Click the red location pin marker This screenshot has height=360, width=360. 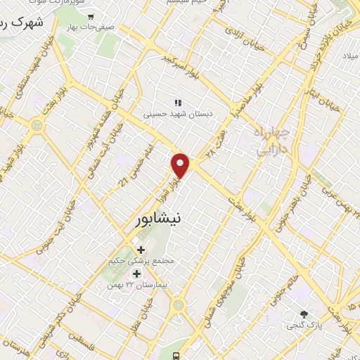[181, 165]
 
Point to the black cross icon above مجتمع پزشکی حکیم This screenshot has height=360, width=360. [141, 249]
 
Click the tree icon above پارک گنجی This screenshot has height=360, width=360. [304, 314]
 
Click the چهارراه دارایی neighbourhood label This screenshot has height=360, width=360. [271, 139]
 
